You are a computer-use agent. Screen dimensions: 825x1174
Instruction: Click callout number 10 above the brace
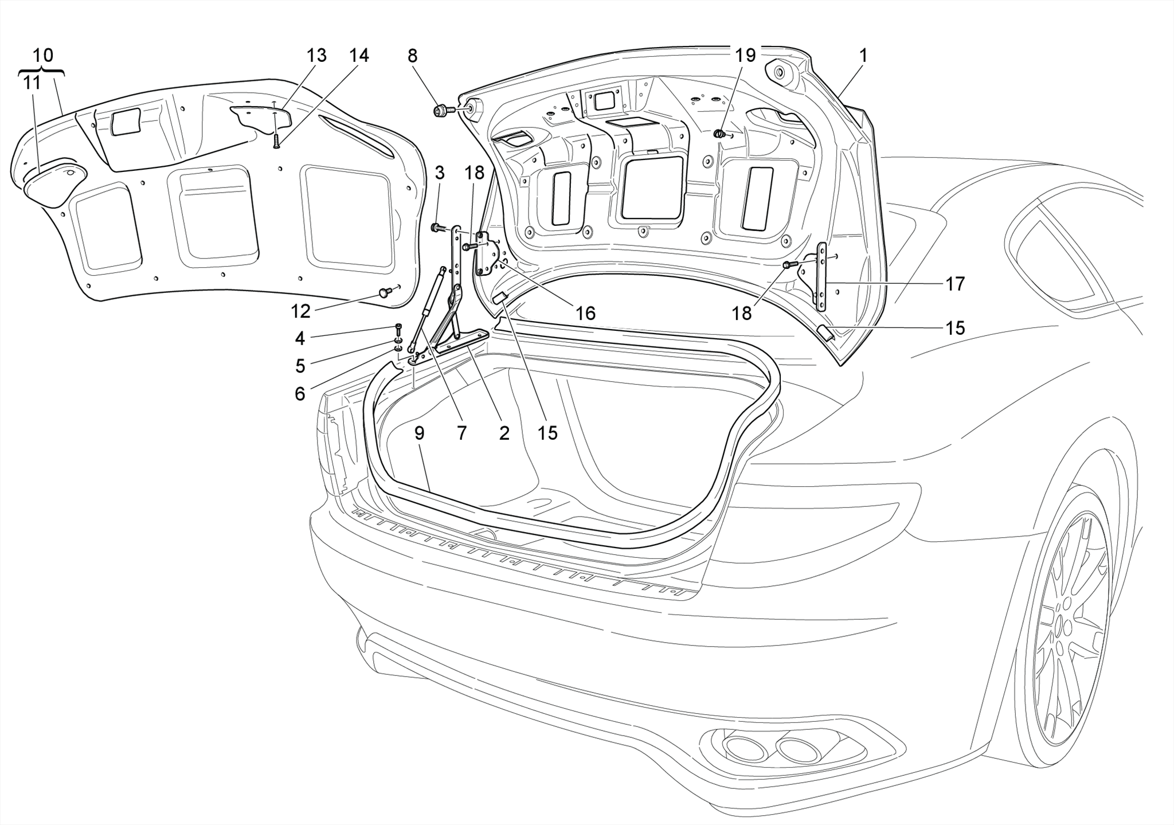[43, 56]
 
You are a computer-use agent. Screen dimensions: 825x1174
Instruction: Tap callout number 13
[316, 56]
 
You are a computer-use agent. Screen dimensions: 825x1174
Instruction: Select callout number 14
[359, 56]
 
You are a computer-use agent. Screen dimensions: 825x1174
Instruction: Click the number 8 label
[413, 56]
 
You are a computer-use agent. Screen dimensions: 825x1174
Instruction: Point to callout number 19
[746, 56]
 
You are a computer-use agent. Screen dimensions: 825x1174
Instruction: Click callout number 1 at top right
[863, 56]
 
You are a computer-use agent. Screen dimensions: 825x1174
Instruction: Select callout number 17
[955, 283]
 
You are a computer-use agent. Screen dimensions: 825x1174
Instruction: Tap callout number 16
[585, 313]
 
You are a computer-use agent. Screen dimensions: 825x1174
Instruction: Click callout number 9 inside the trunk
[420, 433]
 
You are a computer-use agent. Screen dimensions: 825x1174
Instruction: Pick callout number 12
[300, 311]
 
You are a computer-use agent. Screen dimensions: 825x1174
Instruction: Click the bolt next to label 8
[442, 109]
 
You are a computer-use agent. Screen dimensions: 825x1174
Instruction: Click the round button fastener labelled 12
[384, 293]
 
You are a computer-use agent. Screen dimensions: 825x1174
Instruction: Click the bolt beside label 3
[438, 228]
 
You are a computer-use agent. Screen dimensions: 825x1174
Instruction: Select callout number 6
[300, 394]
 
